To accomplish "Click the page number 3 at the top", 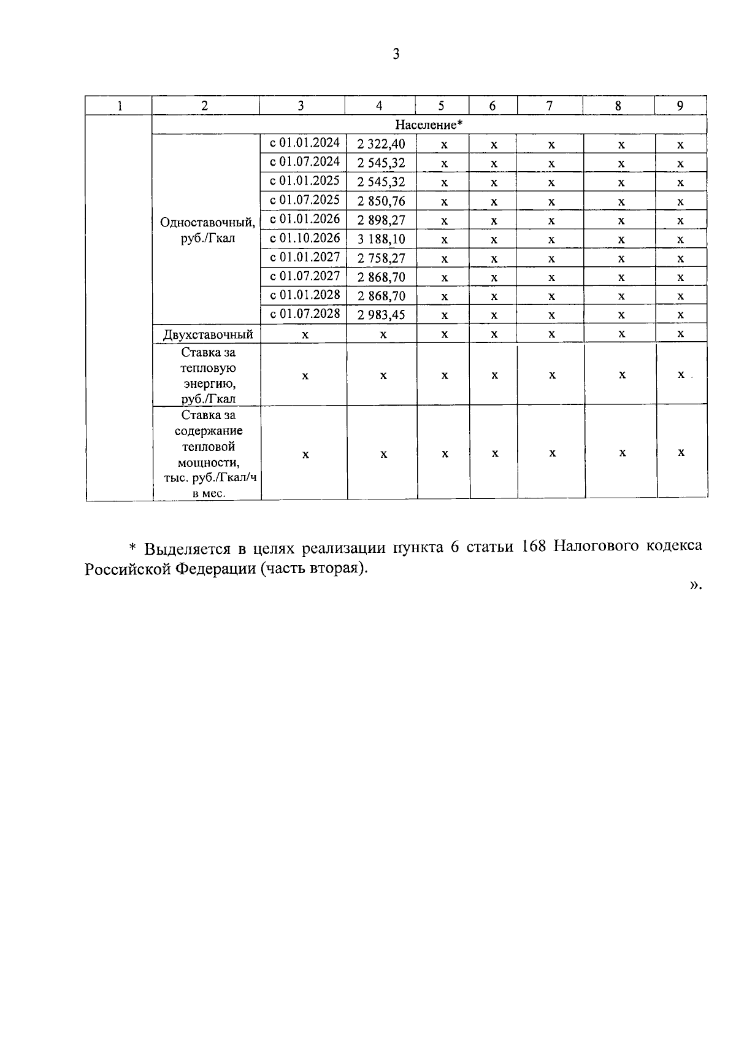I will point(396,55).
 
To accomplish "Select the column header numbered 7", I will point(549,106).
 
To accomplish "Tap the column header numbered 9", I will point(680,106).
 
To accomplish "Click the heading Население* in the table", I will point(428,125).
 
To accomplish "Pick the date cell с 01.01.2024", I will point(305,143).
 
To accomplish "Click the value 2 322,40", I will point(381,144).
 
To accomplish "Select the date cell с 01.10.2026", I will point(305,238).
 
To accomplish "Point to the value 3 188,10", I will point(381,239).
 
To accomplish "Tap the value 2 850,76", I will point(381,201).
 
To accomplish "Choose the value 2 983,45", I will point(381,315).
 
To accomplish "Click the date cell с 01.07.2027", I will point(305,276).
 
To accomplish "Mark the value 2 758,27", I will point(381,258).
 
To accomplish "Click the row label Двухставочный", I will point(208,334).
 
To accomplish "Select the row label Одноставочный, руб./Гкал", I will point(208,230).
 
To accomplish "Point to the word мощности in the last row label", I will point(209,462).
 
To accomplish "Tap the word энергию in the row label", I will point(209,384).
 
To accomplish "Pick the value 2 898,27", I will point(381,220).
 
